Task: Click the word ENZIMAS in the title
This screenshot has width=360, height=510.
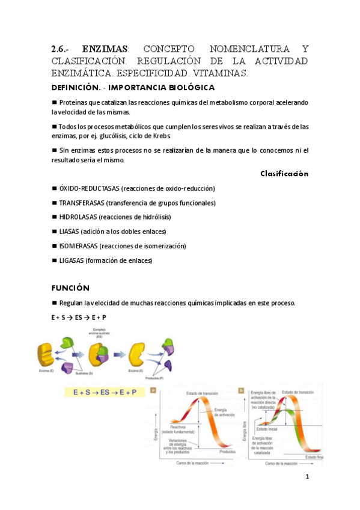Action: [x=105, y=49]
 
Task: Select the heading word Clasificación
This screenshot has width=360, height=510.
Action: [x=284, y=174]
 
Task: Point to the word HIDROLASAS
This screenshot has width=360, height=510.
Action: [x=78, y=217]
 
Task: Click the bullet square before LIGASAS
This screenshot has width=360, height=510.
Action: [x=54, y=260]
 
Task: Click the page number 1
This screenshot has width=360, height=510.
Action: [x=307, y=477]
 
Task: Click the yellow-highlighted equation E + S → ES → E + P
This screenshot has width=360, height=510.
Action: [x=105, y=392]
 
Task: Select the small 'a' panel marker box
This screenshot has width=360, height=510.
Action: [x=153, y=390]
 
